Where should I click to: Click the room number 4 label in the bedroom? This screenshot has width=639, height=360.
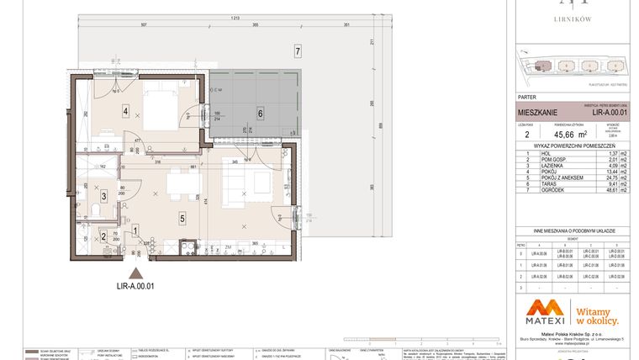(124, 110)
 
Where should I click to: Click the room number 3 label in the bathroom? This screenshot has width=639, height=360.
(103, 196)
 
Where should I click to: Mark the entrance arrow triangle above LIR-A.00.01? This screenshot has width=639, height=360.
(139, 273)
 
